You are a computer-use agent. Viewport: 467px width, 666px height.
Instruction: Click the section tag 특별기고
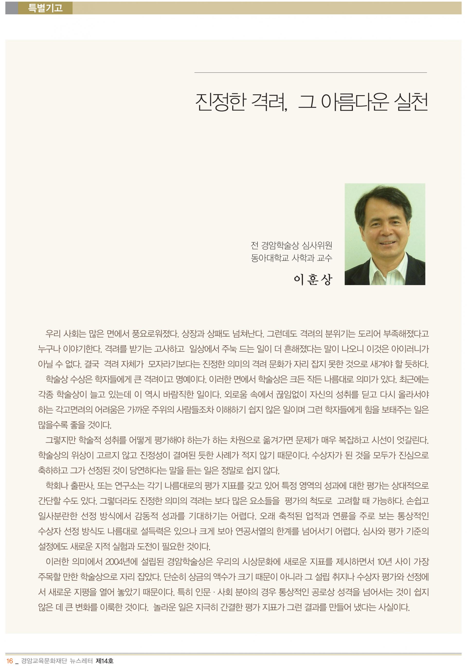tap(45, 8)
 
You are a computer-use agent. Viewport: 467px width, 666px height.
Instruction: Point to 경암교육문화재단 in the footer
tap(44, 661)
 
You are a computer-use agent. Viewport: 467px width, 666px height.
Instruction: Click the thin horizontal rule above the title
tap(310, 72)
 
